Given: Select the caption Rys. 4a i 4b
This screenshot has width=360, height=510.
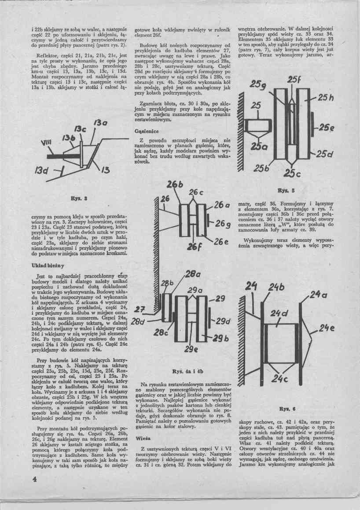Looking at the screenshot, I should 190,371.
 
